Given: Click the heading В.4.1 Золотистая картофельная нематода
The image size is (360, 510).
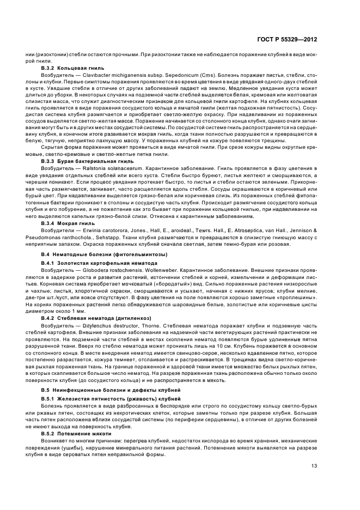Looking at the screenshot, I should [x=86, y=263].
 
